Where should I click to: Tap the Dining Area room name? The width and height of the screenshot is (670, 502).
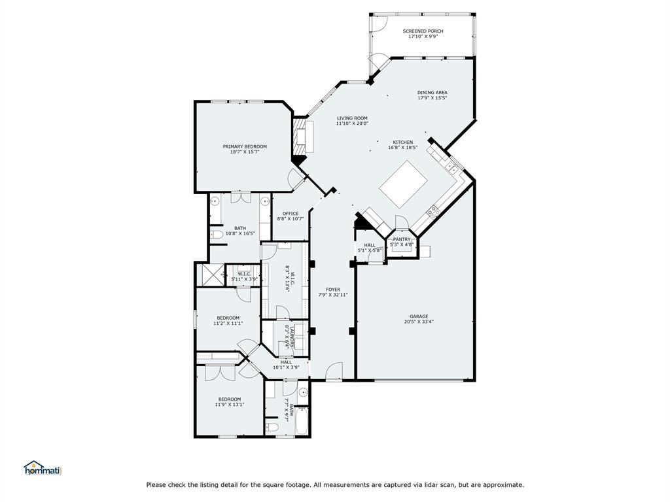click(432, 92)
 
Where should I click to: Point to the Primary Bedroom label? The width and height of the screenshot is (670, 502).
click(245, 146)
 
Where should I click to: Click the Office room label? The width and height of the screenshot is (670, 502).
click(291, 213)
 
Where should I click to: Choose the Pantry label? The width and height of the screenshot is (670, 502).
click(401, 239)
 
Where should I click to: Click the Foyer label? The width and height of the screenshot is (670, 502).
click(333, 289)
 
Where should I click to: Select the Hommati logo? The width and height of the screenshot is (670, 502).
click(43, 468)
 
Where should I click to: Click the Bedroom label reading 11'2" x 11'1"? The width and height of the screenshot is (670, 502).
click(228, 318)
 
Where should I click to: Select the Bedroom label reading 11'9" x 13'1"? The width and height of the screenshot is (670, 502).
click(229, 399)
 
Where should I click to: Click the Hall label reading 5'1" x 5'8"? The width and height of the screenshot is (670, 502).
click(370, 245)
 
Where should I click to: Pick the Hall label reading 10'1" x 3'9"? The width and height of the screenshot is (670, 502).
click(286, 361)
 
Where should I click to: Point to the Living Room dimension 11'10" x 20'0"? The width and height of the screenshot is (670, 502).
click(352, 123)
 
